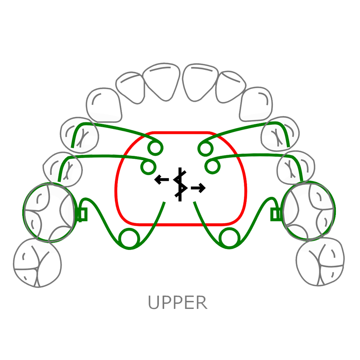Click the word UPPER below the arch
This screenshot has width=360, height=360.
point(178,303)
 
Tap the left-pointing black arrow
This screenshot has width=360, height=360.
point(162,179)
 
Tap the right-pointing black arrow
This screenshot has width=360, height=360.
point(198,188)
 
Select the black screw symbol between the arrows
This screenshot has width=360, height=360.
point(180,184)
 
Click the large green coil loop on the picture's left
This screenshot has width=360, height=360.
point(130,238)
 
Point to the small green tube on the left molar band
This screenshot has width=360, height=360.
point(82,215)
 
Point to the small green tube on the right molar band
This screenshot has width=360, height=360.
point(276,215)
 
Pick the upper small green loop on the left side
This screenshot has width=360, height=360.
point(155,148)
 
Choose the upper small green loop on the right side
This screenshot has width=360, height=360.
point(205,148)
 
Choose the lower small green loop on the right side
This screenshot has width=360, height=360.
point(212,166)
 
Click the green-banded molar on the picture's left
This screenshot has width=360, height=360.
point(48,212)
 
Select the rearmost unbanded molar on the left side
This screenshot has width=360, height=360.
point(37,263)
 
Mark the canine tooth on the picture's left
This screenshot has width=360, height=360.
point(104,104)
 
